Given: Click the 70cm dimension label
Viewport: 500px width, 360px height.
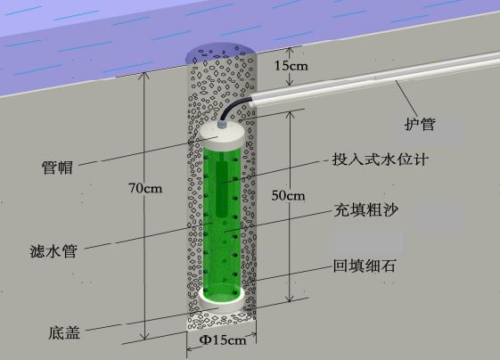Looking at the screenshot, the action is [x=145, y=188].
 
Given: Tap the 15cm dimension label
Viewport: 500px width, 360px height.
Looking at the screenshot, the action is [x=291, y=66].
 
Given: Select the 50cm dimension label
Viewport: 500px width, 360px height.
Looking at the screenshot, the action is [x=288, y=195].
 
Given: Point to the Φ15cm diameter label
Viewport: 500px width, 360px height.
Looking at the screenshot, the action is [x=223, y=340].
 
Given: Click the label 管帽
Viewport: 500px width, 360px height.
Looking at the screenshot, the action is [x=57, y=168].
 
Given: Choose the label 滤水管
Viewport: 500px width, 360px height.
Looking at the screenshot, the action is [x=53, y=251].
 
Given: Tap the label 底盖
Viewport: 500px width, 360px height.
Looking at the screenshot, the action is [x=64, y=332].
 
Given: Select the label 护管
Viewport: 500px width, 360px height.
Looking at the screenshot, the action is [x=420, y=124].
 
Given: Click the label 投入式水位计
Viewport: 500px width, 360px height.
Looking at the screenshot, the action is [x=380, y=160].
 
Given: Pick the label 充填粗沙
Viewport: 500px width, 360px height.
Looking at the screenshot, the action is [x=366, y=210].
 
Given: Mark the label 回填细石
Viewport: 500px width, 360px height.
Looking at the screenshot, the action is [x=365, y=266].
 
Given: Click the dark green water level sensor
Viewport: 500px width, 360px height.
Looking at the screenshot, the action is [x=222, y=188].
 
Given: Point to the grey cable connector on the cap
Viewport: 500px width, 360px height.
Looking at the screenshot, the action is [x=223, y=124].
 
